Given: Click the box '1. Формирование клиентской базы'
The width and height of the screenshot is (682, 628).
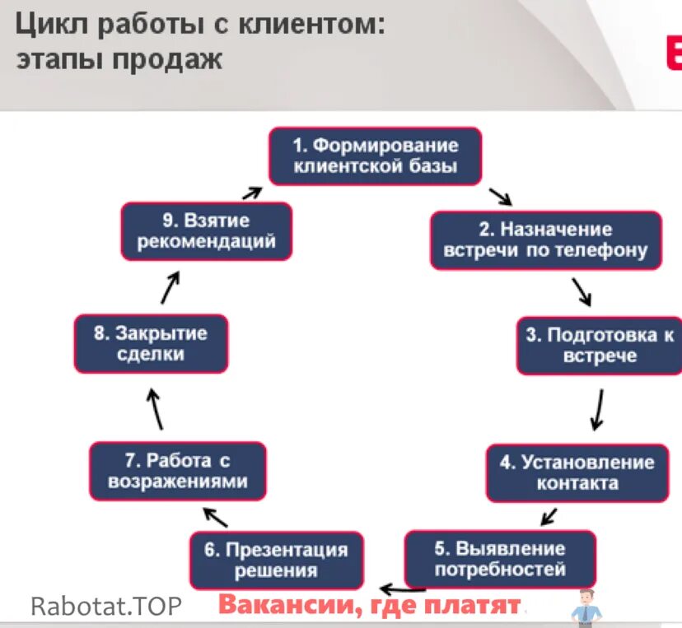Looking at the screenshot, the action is (376, 156).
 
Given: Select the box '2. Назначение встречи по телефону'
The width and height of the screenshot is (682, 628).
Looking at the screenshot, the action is (545, 240).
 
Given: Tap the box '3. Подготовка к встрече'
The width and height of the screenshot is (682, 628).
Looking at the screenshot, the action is (600, 346).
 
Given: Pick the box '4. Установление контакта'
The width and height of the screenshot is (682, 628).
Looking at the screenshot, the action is (577, 472).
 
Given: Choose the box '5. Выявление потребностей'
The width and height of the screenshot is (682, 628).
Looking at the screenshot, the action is (500, 558).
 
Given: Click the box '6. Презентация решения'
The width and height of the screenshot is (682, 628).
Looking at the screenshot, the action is (275, 560).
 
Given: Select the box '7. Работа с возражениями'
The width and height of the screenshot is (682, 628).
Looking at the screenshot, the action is (177, 471).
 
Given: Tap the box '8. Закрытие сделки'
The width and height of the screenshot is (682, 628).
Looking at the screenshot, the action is (150, 344).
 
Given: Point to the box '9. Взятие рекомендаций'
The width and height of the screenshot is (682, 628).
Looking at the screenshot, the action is (206, 231).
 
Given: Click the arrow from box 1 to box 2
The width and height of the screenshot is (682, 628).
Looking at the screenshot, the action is (500, 198).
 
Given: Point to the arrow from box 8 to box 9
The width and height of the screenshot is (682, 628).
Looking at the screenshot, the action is (170, 288).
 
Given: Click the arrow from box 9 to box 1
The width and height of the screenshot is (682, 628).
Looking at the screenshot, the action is (252, 193).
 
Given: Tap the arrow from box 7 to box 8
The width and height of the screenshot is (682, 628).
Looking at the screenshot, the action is (156, 409).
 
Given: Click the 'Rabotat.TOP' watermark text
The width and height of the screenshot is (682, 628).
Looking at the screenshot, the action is (105, 607).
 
